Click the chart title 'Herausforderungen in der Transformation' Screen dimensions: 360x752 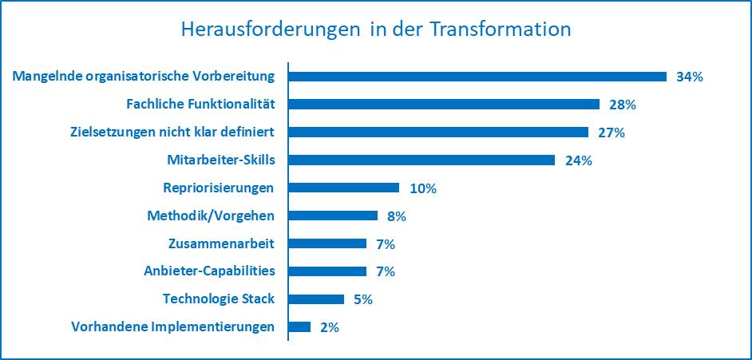[x=376, y=30]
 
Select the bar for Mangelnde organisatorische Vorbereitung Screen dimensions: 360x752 [x=477, y=77]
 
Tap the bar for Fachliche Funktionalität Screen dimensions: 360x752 [x=443, y=105]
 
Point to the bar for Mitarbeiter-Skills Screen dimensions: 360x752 [x=421, y=160]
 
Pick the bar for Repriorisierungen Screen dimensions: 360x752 [x=343, y=188]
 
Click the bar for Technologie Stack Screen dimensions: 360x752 [x=315, y=299]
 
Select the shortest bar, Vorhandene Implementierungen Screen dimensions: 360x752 [x=299, y=326]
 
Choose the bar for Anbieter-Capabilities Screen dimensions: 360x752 [x=327, y=271]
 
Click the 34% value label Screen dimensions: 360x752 [x=689, y=77]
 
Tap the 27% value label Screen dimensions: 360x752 [x=611, y=133]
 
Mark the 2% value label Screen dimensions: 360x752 [x=329, y=327]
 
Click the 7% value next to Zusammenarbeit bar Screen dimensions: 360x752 [x=385, y=244]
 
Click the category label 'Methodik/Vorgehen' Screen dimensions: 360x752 [x=211, y=216]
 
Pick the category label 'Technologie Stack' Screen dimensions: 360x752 [x=218, y=299]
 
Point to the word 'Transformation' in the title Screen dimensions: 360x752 [x=501, y=30]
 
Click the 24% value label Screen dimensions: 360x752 [x=577, y=160]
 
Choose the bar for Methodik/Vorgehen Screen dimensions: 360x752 [x=332, y=216]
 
